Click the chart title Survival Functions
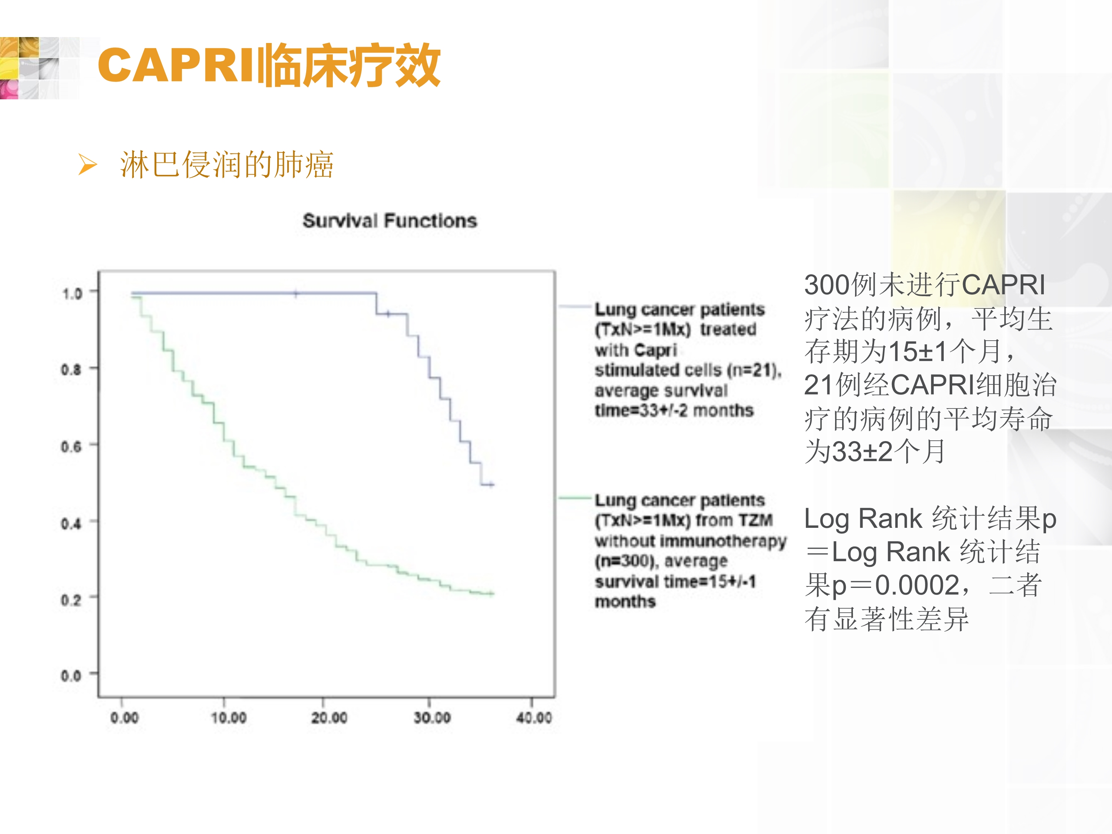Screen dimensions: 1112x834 point(390,220)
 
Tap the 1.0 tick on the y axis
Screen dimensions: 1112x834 point(72,293)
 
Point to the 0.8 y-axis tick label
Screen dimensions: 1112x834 point(72,370)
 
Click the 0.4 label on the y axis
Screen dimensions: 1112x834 point(72,523)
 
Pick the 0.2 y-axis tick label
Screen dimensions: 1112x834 point(72,600)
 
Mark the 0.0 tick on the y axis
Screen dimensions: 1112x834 point(72,676)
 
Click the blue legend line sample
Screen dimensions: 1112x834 point(576,306)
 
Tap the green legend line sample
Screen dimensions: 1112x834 point(576,498)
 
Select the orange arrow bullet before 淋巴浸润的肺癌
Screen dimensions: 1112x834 point(87,165)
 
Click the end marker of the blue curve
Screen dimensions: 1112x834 point(492,484)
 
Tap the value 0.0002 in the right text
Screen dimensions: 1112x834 point(917,585)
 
